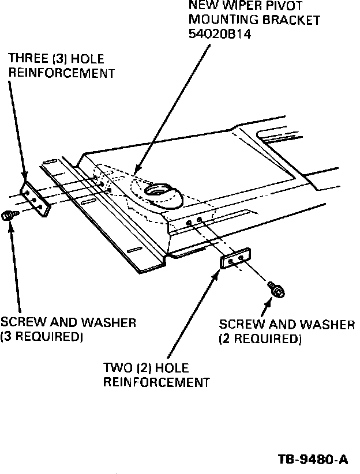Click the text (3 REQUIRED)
click(x=42, y=337)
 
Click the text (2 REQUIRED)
click(x=260, y=340)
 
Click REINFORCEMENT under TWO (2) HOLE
click(x=155, y=382)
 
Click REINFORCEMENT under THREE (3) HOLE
click(x=61, y=73)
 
